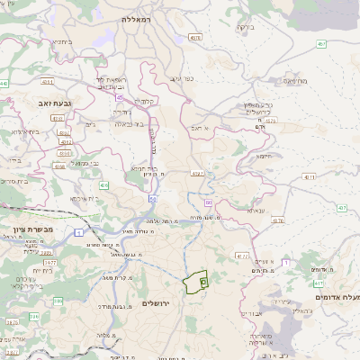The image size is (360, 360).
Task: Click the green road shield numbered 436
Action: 104,184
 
